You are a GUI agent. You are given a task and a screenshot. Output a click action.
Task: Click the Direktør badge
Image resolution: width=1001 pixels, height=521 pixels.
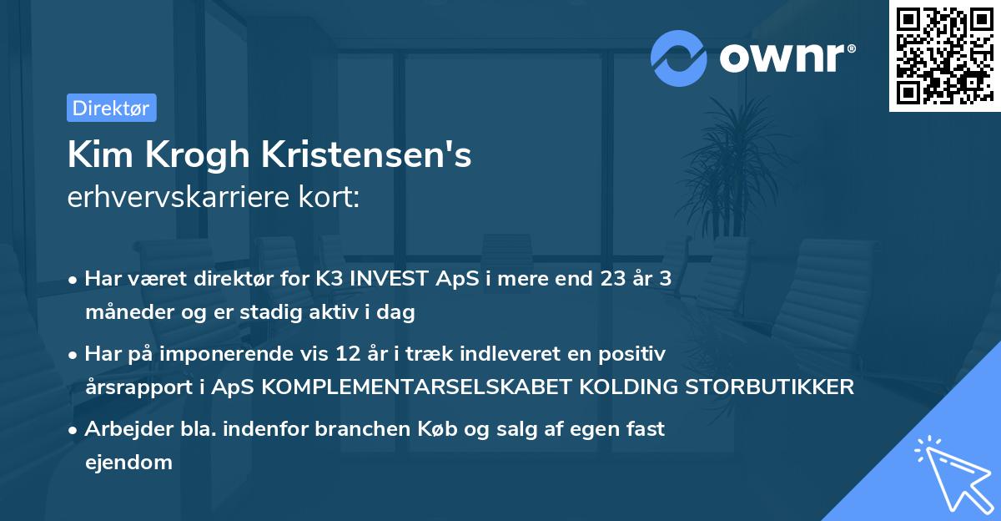point(111,108)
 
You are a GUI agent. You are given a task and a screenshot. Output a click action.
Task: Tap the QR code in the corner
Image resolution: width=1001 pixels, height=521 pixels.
point(944,56)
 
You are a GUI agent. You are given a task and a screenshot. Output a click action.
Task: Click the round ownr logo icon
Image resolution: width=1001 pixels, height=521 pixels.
point(679,57)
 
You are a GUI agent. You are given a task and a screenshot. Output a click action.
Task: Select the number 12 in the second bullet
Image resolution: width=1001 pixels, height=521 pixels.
point(377,354)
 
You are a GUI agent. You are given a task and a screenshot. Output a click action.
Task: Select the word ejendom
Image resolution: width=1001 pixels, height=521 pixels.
point(128,462)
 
